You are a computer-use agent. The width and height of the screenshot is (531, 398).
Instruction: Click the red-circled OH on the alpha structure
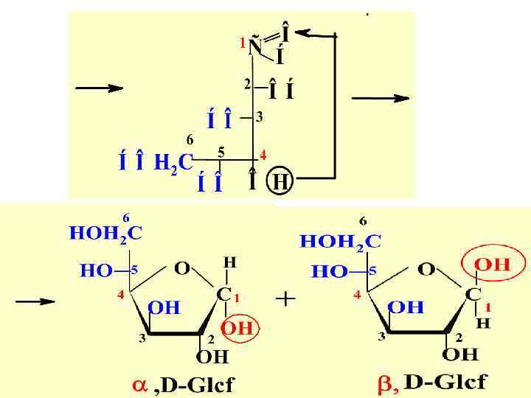tap(237, 328)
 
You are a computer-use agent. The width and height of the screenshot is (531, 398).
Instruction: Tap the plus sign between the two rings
tap(285, 299)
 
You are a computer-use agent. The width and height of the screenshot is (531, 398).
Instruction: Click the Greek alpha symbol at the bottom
tap(138, 384)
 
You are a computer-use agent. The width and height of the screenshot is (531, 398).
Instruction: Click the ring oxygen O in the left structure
tap(182, 266)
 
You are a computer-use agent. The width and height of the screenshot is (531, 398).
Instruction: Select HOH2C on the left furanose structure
tap(106, 234)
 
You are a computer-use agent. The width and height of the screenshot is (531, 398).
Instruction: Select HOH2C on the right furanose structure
tap(340, 240)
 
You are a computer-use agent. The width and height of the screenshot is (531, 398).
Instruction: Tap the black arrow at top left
tap(99, 88)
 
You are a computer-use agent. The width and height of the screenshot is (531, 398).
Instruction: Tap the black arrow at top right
tap(381, 98)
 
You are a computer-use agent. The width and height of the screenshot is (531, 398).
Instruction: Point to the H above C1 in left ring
tap(230, 262)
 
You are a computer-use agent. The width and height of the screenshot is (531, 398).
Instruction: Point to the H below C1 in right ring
tap(481, 323)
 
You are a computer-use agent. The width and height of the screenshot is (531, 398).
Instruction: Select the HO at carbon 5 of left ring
tap(97, 270)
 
